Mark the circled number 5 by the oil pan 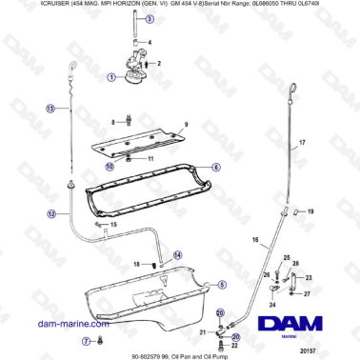click(221, 284)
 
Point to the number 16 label click(253, 242)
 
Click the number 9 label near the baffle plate click(186, 126)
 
